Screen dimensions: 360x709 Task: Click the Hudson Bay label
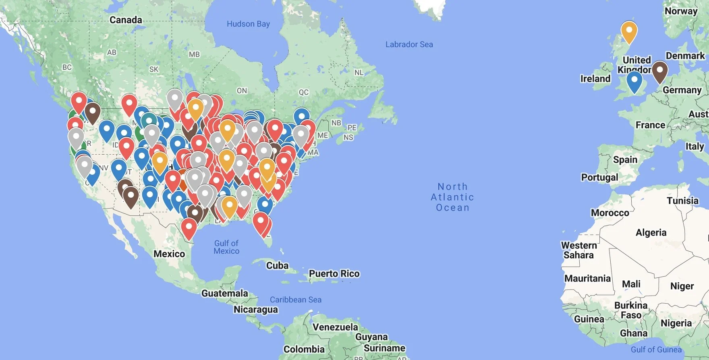[248, 24]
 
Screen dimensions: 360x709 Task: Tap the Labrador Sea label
[409, 45]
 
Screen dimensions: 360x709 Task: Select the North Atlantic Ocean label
[452, 197]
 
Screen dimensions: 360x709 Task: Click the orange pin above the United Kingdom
[628, 32]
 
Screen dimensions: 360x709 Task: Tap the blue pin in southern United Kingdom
[634, 82]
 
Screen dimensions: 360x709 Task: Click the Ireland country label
[595, 79]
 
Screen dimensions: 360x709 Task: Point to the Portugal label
[599, 178]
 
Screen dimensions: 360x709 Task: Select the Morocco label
[609, 213]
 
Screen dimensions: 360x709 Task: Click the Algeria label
[651, 232]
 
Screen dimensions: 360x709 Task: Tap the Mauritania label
[587, 278]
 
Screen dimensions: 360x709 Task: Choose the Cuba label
[277, 266]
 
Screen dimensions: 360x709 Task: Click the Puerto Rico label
[334, 274]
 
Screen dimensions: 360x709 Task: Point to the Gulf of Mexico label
[226, 247]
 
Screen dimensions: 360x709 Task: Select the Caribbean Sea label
[295, 300]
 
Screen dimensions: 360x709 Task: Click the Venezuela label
[335, 327]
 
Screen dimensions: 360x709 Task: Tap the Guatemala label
[224, 293]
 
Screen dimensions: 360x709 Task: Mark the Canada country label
[126, 20]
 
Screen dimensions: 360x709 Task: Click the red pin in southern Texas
[189, 228]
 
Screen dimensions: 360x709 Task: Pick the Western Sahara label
[578, 250]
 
